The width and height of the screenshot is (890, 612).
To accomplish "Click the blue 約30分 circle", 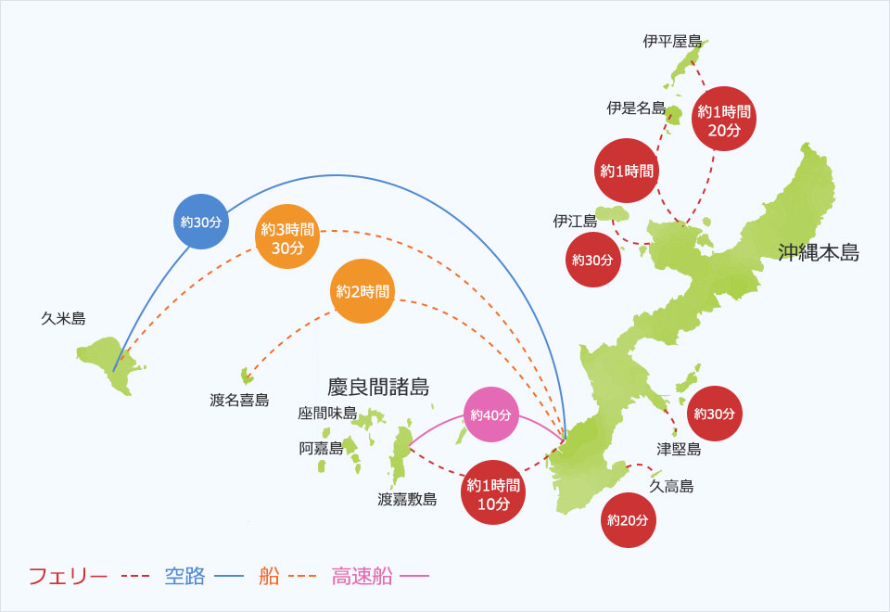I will pyautogui.click(x=202, y=223).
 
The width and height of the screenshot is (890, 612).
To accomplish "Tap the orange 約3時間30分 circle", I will pyautogui.click(x=287, y=238).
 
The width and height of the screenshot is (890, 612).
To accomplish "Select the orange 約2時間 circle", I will pyautogui.click(x=363, y=291).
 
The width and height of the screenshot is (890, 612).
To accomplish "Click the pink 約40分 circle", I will pyautogui.click(x=491, y=414).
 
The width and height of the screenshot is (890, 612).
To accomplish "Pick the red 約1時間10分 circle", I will pyautogui.click(x=493, y=493).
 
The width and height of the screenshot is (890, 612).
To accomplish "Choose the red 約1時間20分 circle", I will pyautogui.click(x=724, y=121).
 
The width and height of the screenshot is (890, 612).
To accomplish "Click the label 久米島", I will pyautogui.click(x=63, y=318).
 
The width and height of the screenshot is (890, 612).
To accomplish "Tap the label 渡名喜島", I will pyautogui.click(x=239, y=401).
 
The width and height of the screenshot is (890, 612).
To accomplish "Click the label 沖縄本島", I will pyautogui.click(x=819, y=252).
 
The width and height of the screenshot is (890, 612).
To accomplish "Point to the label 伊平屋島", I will pyautogui.click(x=672, y=42).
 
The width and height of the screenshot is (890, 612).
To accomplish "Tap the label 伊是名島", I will pyautogui.click(x=636, y=108).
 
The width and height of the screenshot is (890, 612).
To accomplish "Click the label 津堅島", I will pyautogui.click(x=679, y=449).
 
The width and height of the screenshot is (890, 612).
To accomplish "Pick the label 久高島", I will pyautogui.click(x=671, y=486).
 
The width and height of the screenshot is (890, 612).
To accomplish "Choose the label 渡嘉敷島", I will pyautogui.click(x=407, y=499).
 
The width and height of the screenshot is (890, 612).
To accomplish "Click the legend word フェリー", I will pyautogui.click(x=69, y=576).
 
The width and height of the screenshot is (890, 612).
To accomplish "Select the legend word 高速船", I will pyautogui.click(x=362, y=576).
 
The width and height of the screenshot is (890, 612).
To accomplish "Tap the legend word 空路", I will pyautogui.click(x=184, y=576).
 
